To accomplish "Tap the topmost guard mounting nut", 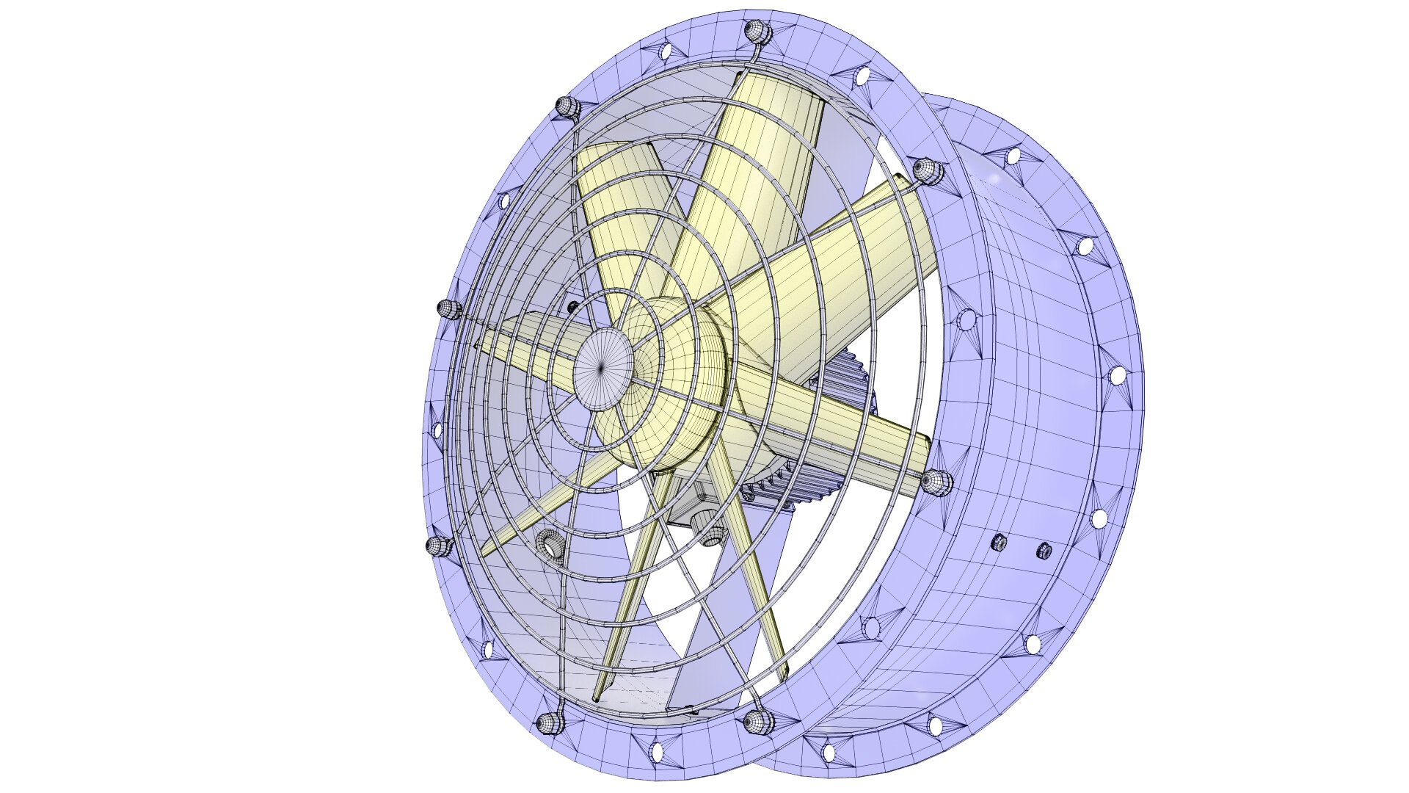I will click(x=754, y=32).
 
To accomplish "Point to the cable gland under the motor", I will click(x=710, y=534).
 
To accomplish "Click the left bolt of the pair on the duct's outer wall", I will click(x=998, y=543).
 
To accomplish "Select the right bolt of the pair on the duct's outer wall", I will click(x=1043, y=549).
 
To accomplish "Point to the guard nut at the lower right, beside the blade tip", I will click(x=936, y=482).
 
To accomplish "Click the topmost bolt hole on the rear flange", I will click(x=1013, y=156).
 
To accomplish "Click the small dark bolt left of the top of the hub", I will click(x=573, y=306).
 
